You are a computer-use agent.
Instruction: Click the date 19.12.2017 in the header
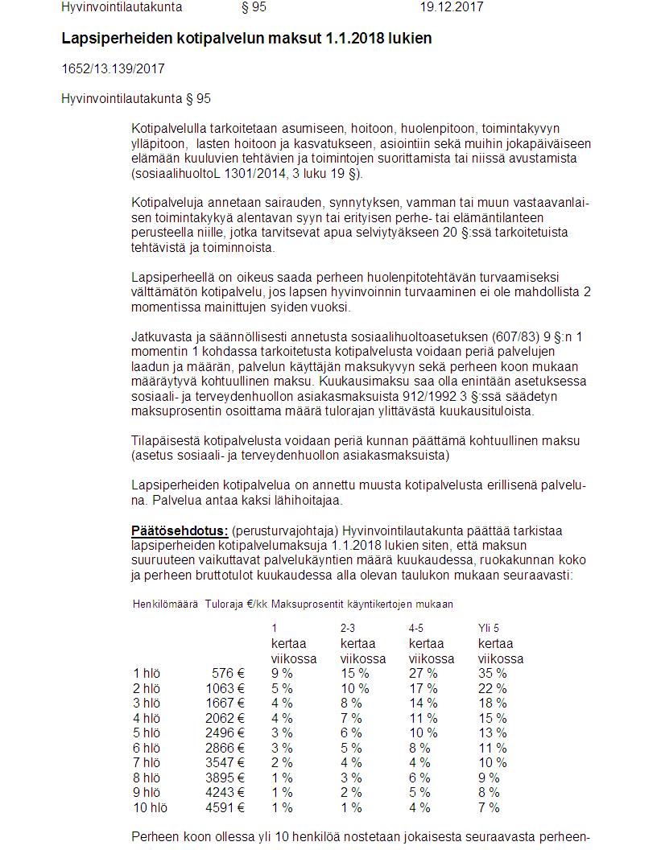coord(451,7)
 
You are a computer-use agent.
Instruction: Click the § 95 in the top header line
coord(254,7)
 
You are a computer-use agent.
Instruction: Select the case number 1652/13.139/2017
coord(113,69)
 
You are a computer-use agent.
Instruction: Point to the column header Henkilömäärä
coord(165,604)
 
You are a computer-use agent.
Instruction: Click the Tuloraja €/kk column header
coord(236,604)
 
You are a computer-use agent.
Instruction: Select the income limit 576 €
coord(229,673)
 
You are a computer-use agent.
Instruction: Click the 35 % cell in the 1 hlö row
coord(493,673)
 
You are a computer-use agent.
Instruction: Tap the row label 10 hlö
coord(150,807)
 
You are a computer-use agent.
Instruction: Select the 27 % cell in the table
coord(424,673)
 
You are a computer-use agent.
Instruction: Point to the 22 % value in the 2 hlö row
coord(493,688)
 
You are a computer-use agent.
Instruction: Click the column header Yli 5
coord(489,628)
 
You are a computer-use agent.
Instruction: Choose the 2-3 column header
coord(349,628)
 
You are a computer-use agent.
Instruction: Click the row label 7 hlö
coord(147,762)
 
